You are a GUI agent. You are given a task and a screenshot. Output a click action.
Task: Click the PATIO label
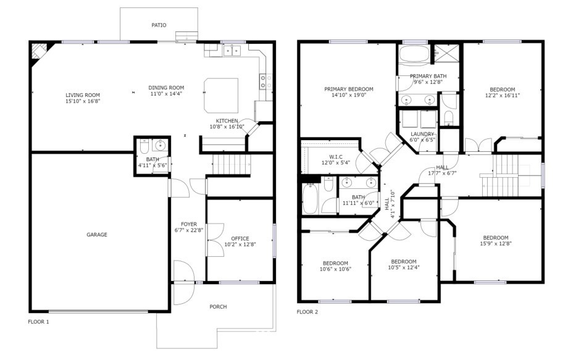[159, 25]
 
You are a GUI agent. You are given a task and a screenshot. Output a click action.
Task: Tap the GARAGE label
[97, 235]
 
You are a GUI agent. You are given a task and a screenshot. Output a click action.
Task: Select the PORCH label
[218, 307]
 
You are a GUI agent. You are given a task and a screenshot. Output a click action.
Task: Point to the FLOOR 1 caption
[38, 322]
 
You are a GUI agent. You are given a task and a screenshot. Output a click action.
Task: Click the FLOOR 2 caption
[307, 312]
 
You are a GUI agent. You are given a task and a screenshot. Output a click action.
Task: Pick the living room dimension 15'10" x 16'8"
[83, 101]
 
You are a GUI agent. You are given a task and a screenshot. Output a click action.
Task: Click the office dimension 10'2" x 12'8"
[240, 245]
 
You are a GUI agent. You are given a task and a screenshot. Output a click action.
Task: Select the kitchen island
[220, 95]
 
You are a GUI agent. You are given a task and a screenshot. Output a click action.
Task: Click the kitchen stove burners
[266, 82]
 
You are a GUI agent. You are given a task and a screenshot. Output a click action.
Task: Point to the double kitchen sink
[232, 51]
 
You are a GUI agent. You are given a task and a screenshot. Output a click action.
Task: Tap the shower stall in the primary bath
[446, 53]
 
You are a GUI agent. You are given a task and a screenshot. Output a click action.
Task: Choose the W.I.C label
[336, 157]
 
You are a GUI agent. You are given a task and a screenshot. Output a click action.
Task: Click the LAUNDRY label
[422, 134]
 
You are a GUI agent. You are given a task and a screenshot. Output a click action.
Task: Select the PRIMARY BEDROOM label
[349, 89]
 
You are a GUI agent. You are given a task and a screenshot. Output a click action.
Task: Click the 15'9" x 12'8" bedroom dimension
[496, 243]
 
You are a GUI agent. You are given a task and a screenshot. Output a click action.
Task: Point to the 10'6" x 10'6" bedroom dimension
[335, 269]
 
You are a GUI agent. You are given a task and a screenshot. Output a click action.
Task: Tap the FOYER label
[189, 224]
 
